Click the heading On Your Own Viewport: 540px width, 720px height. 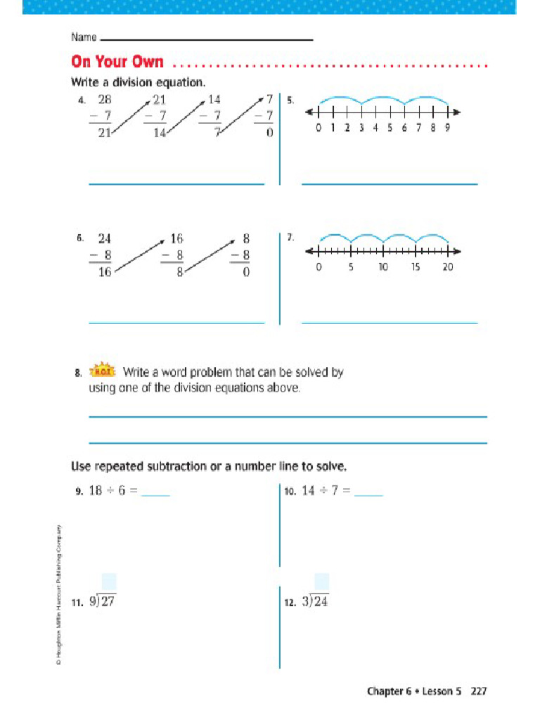pyautogui.click(x=117, y=63)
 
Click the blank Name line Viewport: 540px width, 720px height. pyautogui.click(x=207, y=39)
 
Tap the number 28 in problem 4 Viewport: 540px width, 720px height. pyautogui.click(x=105, y=99)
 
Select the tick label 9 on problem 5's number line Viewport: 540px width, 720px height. pyautogui.click(x=446, y=128)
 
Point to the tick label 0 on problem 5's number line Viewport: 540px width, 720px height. pyautogui.click(x=319, y=128)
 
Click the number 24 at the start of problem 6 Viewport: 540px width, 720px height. pyautogui.click(x=105, y=238)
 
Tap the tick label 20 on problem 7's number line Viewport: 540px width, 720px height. pyautogui.click(x=448, y=267)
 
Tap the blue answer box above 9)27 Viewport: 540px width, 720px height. pyautogui.click(x=109, y=582)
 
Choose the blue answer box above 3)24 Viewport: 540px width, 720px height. pyautogui.click(x=322, y=582)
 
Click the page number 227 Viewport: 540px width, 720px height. pyautogui.click(x=479, y=691)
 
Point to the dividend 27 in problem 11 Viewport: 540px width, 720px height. pyautogui.click(x=108, y=603)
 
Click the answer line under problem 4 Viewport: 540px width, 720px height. pyautogui.click(x=176, y=184)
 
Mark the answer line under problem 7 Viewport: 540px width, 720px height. pyautogui.click(x=389, y=323)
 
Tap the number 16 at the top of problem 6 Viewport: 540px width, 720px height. pyautogui.click(x=177, y=238)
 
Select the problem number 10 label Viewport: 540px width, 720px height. pyautogui.click(x=290, y=493)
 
